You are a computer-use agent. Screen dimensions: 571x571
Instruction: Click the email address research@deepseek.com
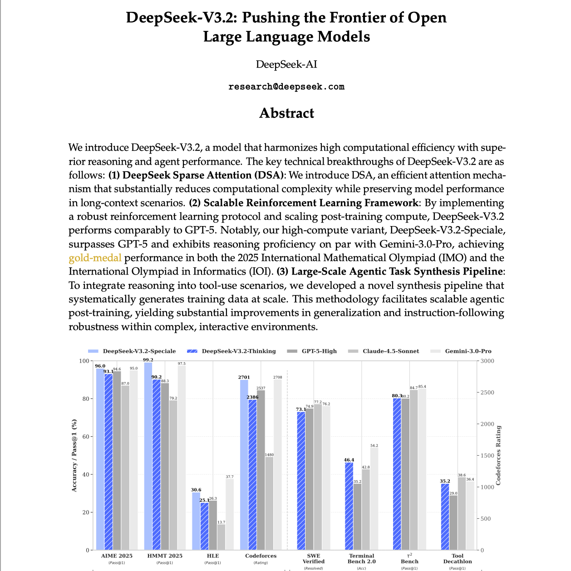point(286,87)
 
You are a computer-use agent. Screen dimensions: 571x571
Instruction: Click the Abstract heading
point(286,113)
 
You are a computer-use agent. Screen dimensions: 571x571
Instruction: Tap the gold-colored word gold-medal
point(95,258)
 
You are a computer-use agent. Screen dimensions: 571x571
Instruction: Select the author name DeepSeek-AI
point(286,64)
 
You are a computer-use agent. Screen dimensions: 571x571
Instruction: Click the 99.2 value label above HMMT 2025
point(148,360)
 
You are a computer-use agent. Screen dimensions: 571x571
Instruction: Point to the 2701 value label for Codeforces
point(244,377)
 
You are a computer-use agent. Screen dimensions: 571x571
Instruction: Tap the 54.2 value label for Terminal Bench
point(374,446)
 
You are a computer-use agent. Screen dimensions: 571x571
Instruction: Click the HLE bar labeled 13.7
point(221,537)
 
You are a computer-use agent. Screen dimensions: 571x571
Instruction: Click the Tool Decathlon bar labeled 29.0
point(453,522)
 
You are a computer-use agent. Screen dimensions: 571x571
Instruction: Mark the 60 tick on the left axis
point(84,437)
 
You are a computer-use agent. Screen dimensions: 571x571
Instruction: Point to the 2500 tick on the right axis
point(488,393)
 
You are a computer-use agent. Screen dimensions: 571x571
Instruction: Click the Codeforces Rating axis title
point(498,455)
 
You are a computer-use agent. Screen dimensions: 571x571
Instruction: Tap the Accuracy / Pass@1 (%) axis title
point(74,455)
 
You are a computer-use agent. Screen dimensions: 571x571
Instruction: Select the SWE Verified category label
point(313,558)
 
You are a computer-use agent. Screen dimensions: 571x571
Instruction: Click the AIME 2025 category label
point(117,556)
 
